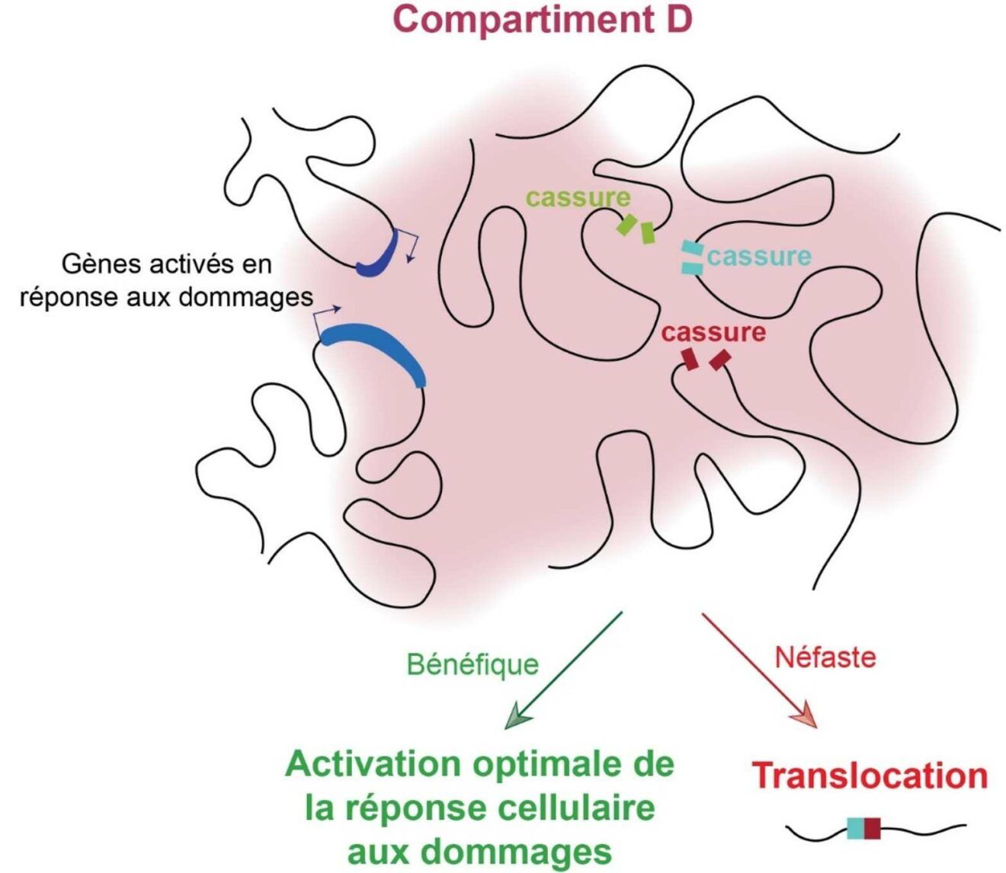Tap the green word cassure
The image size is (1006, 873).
tap(578, 197)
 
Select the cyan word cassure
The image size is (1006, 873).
tap(759, 257)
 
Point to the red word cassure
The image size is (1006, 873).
tap(713, 333)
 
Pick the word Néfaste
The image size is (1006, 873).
tap(825, 657)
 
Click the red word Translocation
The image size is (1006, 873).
tap(870, 775)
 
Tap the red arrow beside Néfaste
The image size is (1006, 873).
tap(759, 670)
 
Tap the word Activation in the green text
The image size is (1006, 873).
tap(373, 764)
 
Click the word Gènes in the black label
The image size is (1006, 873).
tap(103, 265)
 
